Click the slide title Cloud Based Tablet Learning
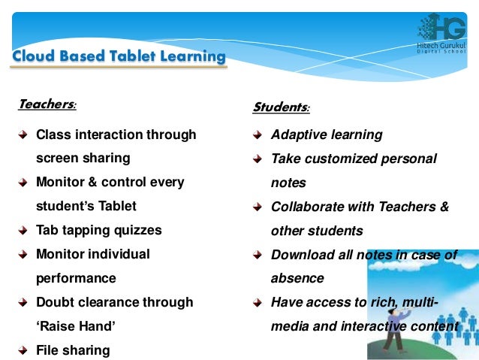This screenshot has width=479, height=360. click(118, 56)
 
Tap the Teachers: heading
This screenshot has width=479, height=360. click(47, 104)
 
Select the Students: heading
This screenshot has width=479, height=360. click(281, 107)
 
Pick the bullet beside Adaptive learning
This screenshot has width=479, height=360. click(257, 135)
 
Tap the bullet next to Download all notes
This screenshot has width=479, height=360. click(257, 255)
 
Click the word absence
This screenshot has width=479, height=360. click(297, 278)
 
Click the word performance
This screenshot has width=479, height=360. click(76, 278)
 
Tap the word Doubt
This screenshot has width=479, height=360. click(53, 302)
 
